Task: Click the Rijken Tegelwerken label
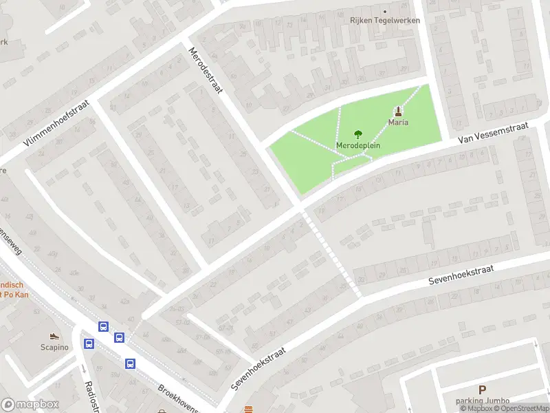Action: pos(386,21)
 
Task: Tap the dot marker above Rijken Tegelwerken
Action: pos(385,11)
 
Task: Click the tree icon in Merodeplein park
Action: pos(357,135)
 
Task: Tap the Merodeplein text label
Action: pos(358,146)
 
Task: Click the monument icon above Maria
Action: pos(398,111)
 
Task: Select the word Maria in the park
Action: pos(398,123)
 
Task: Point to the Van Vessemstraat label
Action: pos(494,131)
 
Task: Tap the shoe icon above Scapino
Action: pos(54,336)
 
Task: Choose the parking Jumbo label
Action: pos(482,401)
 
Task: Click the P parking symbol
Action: pos(482,390)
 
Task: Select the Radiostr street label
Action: pos(89,396)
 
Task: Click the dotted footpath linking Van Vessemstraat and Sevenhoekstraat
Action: pos(331,253)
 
